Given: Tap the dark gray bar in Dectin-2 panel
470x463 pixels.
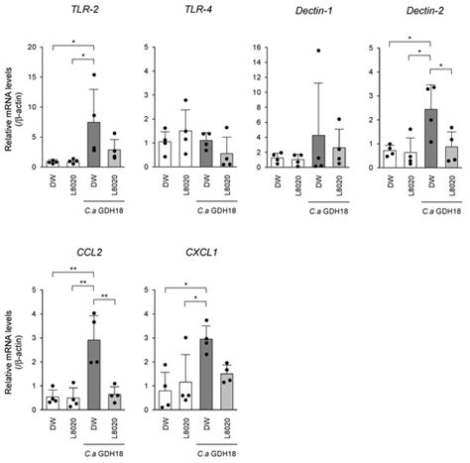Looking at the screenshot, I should [429, 138].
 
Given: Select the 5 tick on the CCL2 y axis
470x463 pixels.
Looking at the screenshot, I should [29, 290].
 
